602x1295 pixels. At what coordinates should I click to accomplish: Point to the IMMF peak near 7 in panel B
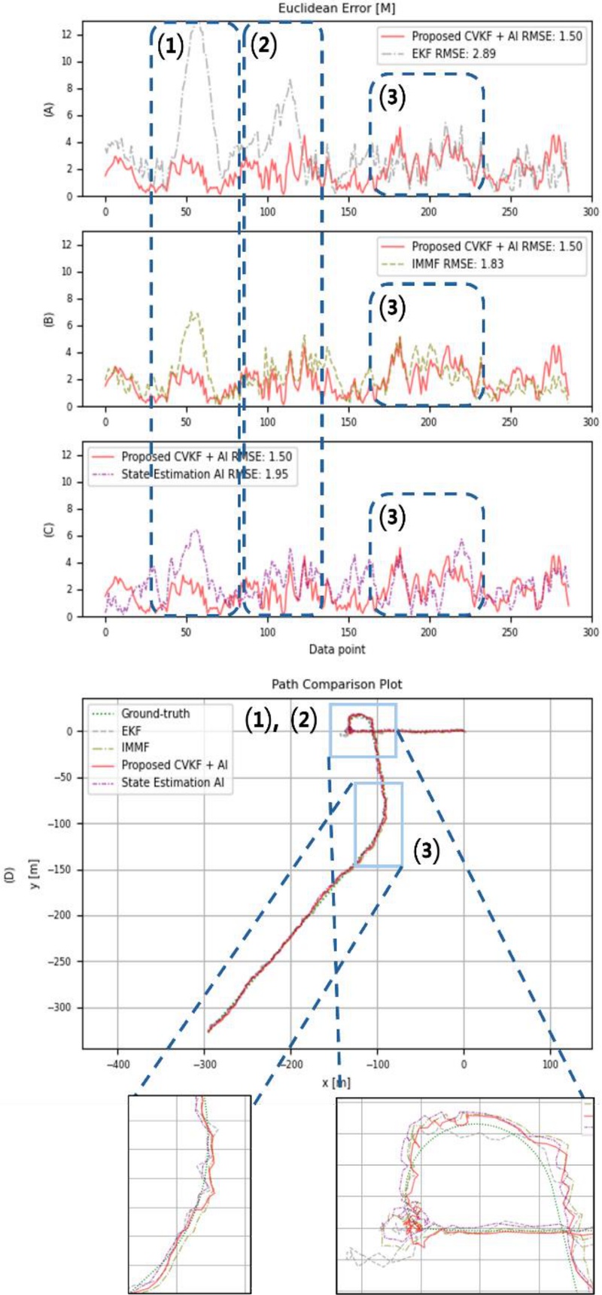(x=194, y=312)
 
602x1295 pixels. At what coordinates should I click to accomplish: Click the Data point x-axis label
(x=337, y=649)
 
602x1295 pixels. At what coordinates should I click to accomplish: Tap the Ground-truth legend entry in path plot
(x=155, y=713)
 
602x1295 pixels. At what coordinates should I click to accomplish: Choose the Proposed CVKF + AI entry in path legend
(x=175, y=765)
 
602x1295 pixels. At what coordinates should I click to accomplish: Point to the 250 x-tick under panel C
(x=509, y=633)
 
